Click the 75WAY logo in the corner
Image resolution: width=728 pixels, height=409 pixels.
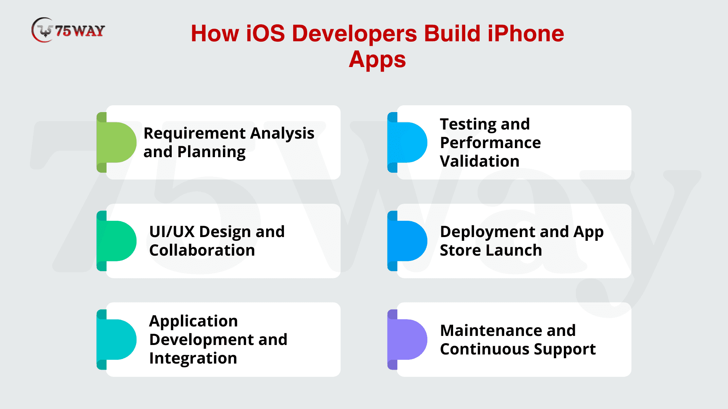point(68,30)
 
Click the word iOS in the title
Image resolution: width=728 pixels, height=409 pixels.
point(265,33)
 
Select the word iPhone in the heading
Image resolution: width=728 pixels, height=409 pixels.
point(526,33)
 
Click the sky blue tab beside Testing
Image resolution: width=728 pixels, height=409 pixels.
point(407,142)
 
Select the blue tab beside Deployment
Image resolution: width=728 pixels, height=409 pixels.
point(407,241)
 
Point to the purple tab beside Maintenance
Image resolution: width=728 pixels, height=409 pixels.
point(407,339)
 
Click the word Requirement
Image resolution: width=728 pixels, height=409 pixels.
point(195,134)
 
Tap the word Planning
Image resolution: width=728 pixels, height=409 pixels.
point(212,153)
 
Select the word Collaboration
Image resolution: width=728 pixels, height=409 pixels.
point(202,250)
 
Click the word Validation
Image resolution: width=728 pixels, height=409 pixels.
point(480,161)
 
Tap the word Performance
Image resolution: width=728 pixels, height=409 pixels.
point(491,143)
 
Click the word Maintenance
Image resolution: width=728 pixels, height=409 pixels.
point(492,331)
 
